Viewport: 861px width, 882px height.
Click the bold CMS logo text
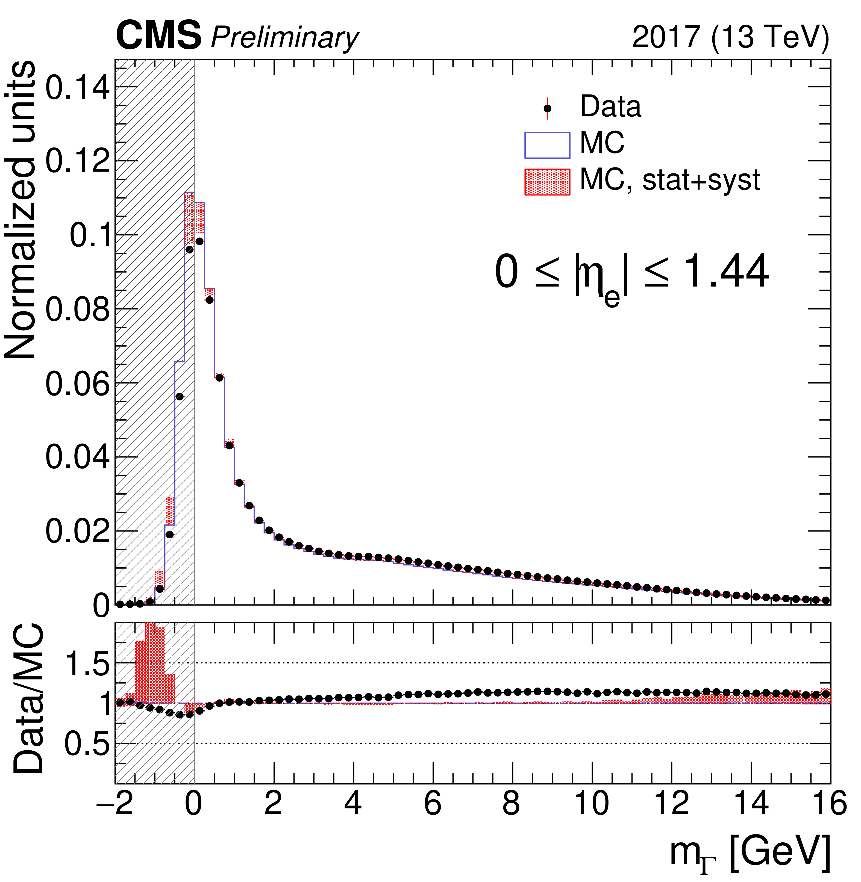pyautogui.click(x=158, y=36)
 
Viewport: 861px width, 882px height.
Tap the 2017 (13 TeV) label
pyautogui.click(x=730, y=37)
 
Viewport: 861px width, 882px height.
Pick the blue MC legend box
pyautogui.click(x=547, y=145)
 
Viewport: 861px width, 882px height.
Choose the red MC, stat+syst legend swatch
pyautogui.click(x=547, y=182)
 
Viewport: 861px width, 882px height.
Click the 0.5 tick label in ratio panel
pyautogui.click(x=87, y=744)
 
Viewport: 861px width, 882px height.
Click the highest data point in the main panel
pyautogui.click(x=199, y=241)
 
